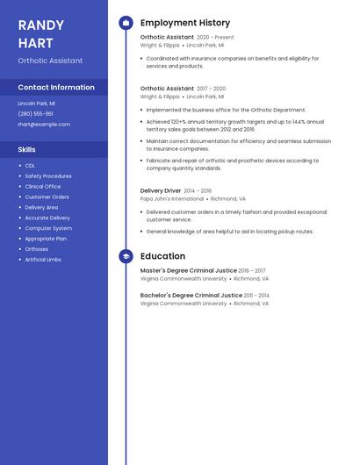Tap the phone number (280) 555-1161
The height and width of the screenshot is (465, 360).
[x=35, y=113]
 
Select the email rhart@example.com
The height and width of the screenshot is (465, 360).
[x=44, y=124]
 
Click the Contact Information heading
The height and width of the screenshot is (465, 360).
[x=56, y=88]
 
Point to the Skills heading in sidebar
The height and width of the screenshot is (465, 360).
[x=27, y=149]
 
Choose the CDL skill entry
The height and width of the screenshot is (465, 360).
[x=30, y=165]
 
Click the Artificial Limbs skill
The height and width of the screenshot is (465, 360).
[x=43, y=259]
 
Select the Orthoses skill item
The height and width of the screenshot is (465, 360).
[x=37, y=248]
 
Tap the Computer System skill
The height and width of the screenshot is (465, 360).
[x=48, y=227]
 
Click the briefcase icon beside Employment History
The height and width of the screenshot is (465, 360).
[x=126, y=23]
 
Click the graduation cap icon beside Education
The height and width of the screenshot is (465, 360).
[x=126, y=256]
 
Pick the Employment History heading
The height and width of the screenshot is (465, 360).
[x=184, y=23]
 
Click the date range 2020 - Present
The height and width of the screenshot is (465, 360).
[x=215, y=38]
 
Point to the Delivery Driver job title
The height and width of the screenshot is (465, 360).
[x=161, y=190]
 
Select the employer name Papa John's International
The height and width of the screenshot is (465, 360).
[x=171, y=199]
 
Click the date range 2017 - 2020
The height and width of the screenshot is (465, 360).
[x=211, y=89]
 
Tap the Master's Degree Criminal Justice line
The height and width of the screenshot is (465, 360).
[x=188, y=270]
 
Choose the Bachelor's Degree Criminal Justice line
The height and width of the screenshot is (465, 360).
[x=191, y=296]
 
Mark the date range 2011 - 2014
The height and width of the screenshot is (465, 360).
[x=256, y=296]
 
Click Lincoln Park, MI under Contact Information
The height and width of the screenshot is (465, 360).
[x=36, y=103]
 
